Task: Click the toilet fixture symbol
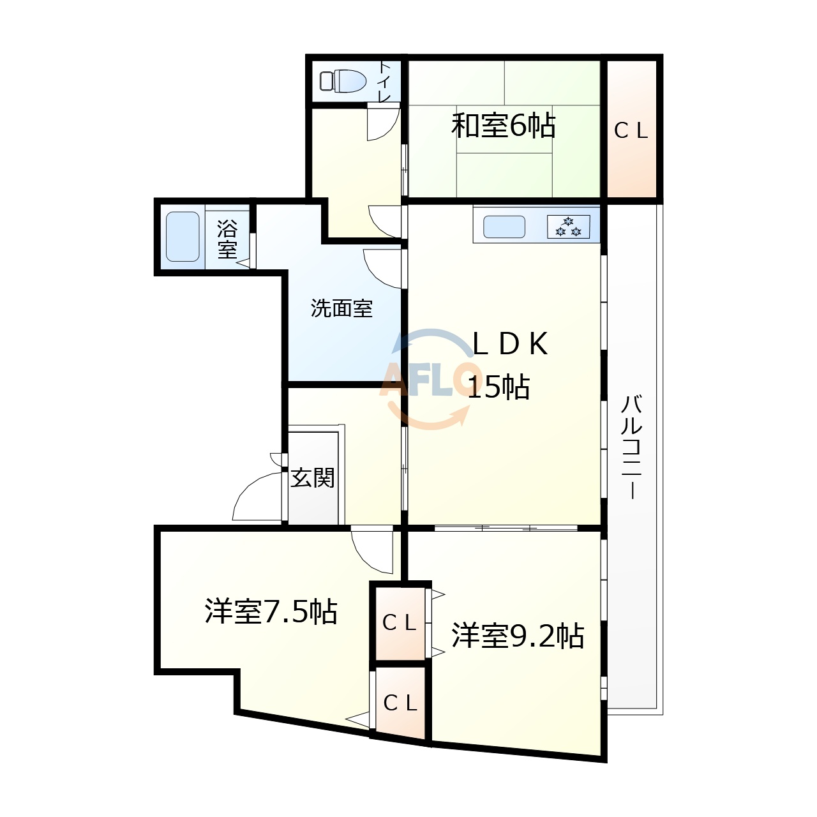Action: [343, 81]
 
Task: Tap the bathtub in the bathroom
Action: [183, 237]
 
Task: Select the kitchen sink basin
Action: [504, 227]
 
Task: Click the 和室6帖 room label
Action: [503, 126]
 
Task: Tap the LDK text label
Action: [509, 345]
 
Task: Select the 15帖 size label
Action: [498, 387]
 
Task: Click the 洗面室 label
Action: [341, 309]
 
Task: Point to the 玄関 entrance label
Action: [313, 477]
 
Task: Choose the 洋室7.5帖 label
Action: [271, 611]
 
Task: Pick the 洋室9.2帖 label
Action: [518, 636]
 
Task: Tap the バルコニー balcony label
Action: [632, 447]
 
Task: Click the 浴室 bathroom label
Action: [227, 239]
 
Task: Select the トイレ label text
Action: [385, 81]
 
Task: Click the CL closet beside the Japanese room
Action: [631, 131]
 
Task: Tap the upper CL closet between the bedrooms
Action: [400, 622]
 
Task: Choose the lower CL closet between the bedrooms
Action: [400, 703]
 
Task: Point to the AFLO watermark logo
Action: [430, 379]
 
